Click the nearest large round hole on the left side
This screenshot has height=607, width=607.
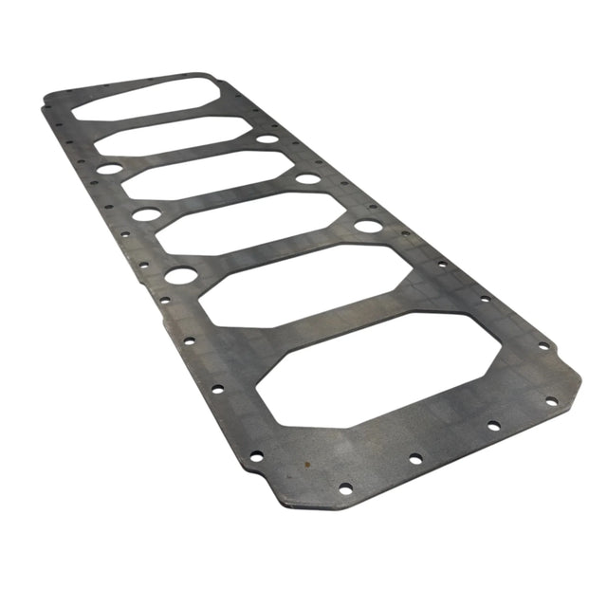tap(181, 276)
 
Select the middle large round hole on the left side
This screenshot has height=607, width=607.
tap(146, 214)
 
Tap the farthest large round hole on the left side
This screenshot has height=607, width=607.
tap(110, 169)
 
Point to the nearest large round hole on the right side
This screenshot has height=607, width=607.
tap(368, 226)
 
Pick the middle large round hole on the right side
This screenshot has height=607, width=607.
tap(307, 178)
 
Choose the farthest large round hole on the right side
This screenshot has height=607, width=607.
tap(267, 139)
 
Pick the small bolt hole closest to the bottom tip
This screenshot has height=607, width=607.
tap(345, 488)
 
